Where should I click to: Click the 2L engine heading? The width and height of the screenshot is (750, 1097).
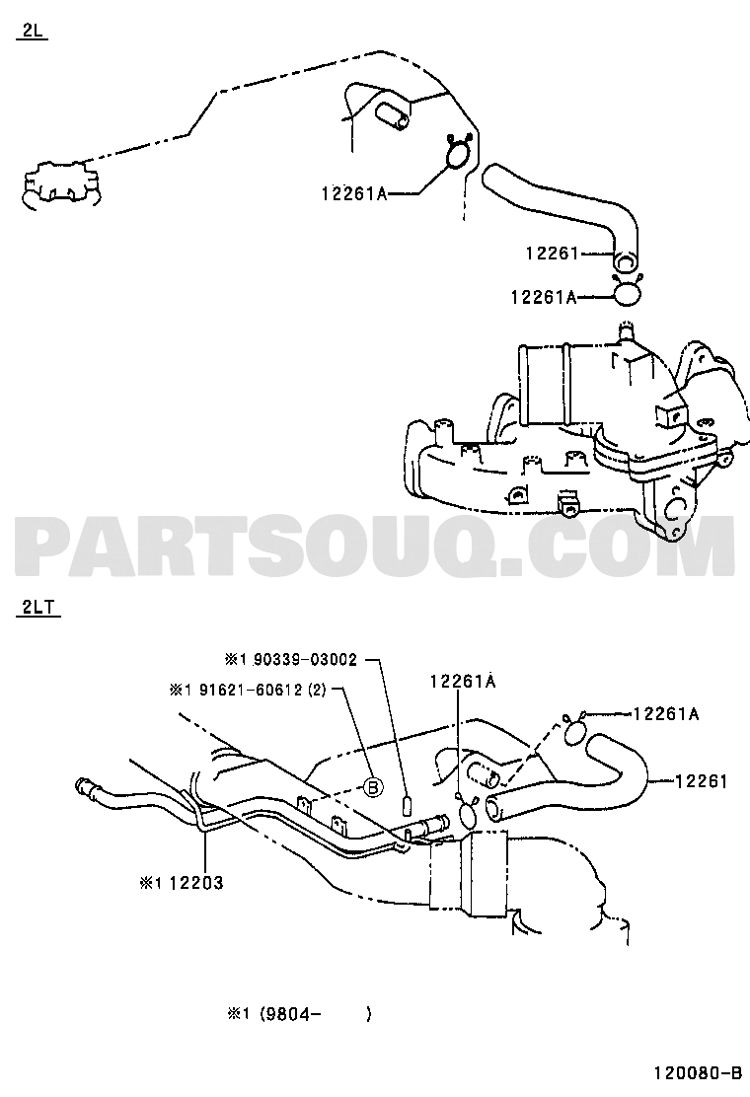(x=32, y=32)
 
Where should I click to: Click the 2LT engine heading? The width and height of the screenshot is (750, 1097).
(x=37, y=608)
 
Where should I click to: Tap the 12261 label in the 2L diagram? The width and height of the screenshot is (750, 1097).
(x=553, y=253)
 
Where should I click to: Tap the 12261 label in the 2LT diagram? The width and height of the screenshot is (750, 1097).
(x=702, y=780)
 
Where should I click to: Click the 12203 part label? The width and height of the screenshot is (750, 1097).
(x=196, y=882)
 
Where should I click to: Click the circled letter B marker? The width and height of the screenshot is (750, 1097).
(x=373, y=787)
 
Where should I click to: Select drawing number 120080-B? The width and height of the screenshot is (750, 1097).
(x=697, y=1072)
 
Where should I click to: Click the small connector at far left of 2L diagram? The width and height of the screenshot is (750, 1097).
(x=58, y=183)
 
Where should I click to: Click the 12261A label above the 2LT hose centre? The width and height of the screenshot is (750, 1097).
(x=463, y=681)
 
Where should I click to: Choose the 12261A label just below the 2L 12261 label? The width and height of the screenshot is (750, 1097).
(x=544, y=297)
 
